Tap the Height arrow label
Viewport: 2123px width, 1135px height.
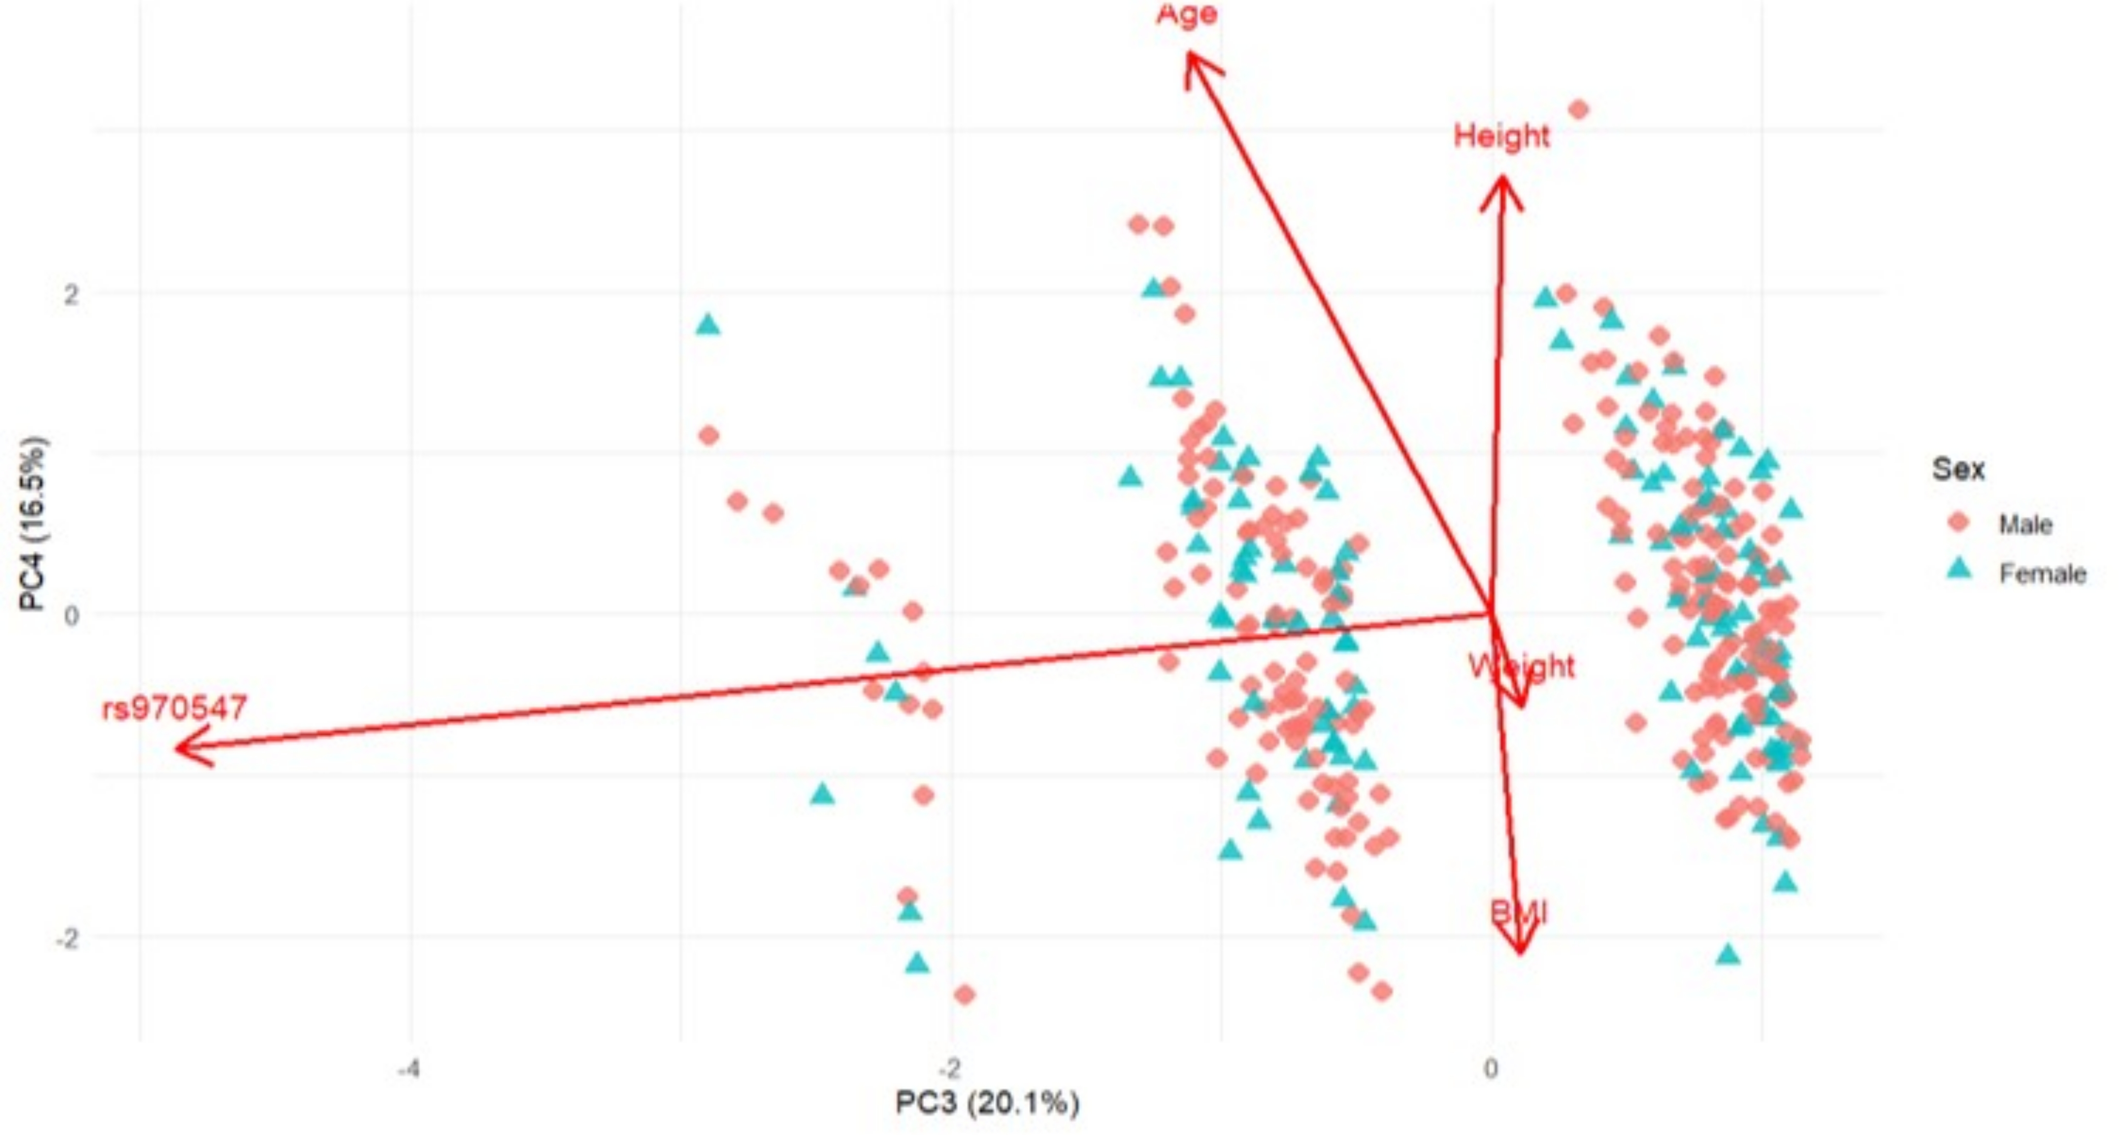click(x=1501, y=136)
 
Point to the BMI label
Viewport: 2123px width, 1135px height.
click(x=1519, y=912)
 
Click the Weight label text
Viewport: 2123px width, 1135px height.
click(x=1521, y=665)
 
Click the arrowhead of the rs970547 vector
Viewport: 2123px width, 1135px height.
click(x=180, y=748)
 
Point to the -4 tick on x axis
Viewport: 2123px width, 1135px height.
click(x=409, y=1069)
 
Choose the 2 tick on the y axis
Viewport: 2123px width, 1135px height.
click(x=72, y=294)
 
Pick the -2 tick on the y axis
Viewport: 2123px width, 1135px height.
click(x=67, y=938)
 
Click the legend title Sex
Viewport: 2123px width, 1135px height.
click(x=1958, y=469)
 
